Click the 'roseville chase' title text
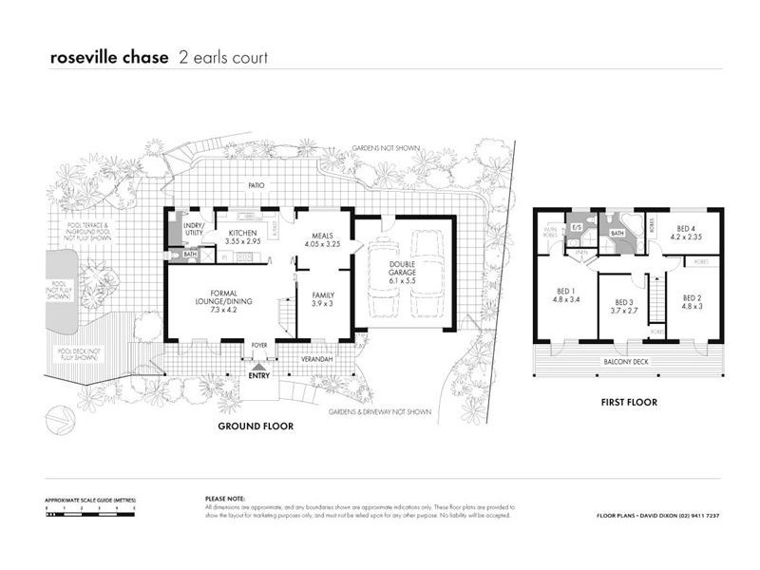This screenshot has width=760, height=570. [110, 58]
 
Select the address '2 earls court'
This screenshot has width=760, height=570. [223, 58]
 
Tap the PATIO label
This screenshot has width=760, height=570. [255, 186]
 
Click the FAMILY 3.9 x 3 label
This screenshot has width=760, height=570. [323, 299]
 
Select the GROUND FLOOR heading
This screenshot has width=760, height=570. [256, 427]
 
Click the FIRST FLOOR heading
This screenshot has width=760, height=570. [628, 403]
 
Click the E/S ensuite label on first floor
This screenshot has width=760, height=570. [576, 228]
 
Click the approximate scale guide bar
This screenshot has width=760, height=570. [89, 510]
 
